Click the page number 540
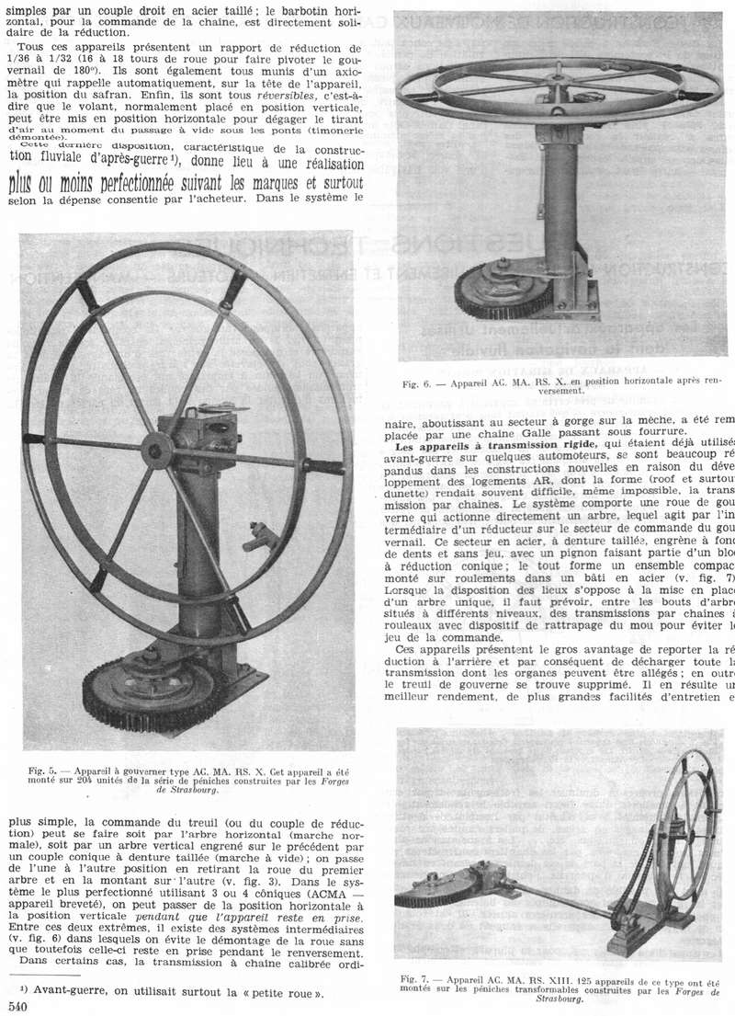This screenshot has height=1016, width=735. pyautogui.click(x=15, y=1007)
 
